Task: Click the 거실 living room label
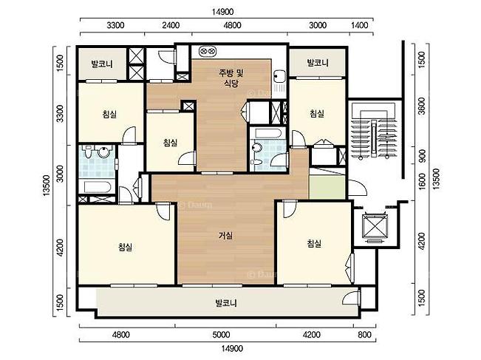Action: point(225,235)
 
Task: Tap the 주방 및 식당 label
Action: point(231,78)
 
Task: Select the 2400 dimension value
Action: point(171,25)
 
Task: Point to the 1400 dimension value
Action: point(359,25)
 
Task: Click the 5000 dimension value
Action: point(221,334)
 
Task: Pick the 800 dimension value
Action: point(364,334)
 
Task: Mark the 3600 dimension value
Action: point(422,106)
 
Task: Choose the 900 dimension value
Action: point(422,156)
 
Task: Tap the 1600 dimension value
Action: point(422,182)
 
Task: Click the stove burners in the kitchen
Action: point(208,51)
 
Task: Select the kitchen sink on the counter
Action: point(279,75)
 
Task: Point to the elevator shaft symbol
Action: point(375,226)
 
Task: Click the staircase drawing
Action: point(374,131)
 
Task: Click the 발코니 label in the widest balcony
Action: point(226,303)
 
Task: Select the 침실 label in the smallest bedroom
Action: point(170,143)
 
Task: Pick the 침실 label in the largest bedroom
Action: point(125,247)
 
